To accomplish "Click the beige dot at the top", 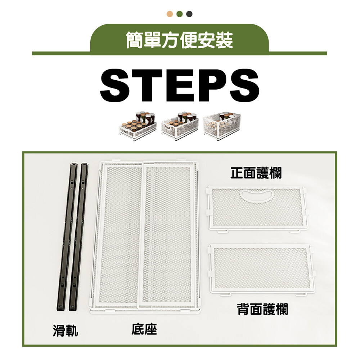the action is (x=170, y=14).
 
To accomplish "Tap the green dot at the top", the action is (x=180, y=14).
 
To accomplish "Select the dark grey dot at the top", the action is (x=189, y=14).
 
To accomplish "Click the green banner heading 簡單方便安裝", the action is (x=180, y=40).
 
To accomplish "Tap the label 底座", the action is (x=144, y=329).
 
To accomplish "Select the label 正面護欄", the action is (x=256, y=173).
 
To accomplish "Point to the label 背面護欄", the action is (x=263, y=309).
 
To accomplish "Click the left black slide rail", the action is (x=67, y=237).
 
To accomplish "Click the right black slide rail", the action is (x=79, y=237).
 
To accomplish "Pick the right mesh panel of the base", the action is (x=168, y=235).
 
